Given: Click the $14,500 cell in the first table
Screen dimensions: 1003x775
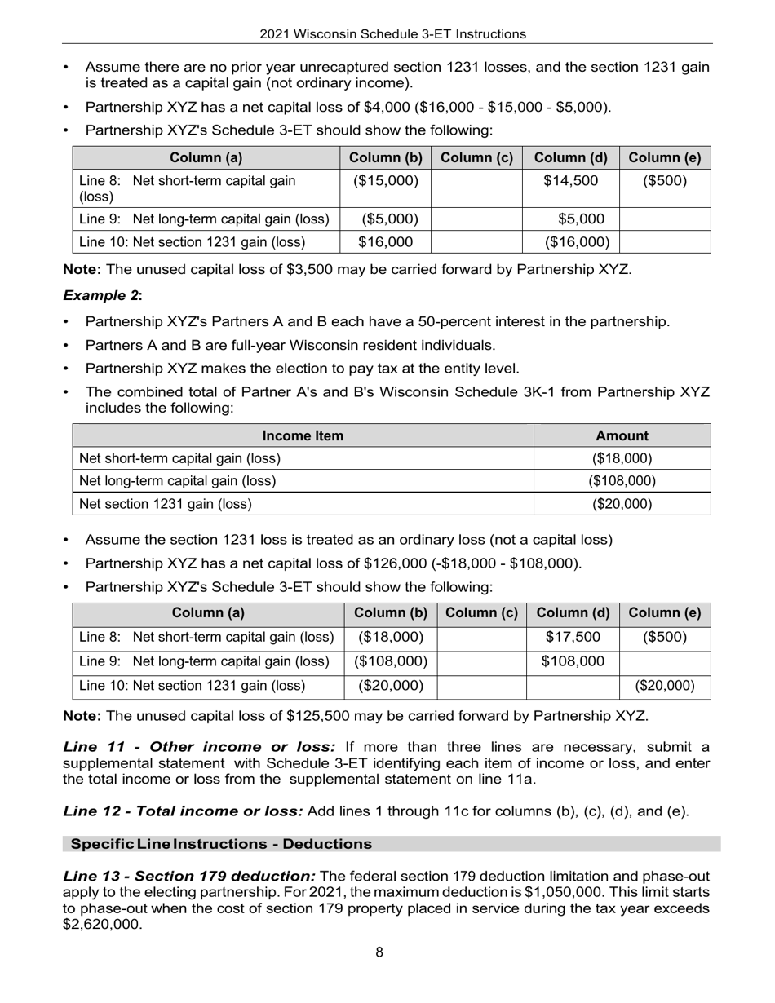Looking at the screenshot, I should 571,180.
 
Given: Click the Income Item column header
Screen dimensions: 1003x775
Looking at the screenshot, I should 303,435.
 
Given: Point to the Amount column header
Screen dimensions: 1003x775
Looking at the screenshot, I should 622,435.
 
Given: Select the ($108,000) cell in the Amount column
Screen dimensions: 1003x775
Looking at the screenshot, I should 622,481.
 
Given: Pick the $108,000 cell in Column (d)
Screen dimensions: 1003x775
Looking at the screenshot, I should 573,661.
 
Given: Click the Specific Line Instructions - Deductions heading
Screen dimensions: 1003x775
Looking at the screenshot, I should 221,843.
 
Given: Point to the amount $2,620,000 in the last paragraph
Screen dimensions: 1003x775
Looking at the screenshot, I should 102,925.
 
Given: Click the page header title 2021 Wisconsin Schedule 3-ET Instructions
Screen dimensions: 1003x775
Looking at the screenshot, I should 392,34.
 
